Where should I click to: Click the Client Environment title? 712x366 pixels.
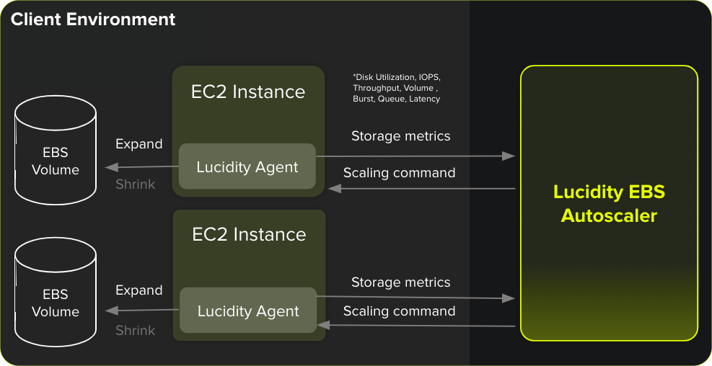(x=93, y=19)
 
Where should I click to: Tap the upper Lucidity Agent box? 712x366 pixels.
(x=247, y=167)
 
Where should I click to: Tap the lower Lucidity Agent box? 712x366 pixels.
(x=248, y=311)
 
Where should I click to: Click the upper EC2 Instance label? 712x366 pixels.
(x=248, y=92)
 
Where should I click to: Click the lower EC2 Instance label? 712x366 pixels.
(x=249, y=235)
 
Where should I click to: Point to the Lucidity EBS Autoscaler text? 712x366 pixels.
(x=609, y=204)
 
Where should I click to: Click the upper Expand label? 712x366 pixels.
(x=139, y=144)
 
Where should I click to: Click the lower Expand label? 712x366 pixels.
(x=139, y=290)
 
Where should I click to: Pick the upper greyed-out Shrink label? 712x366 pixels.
(x=136, y=184)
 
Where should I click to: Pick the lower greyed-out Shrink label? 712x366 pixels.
(x=136, y=331)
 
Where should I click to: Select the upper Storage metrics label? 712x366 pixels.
(x=400, y=136)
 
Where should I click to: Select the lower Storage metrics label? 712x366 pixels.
(x=400, y=282)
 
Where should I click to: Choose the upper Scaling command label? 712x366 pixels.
(x=399, y=173)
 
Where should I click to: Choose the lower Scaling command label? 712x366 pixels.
(x=399, y=311)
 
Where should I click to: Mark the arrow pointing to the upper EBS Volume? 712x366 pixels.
(x=141, y=166)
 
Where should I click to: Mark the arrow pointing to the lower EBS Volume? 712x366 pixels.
(x=141, y=311)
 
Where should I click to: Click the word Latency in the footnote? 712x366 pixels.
(x=424, y=99)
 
